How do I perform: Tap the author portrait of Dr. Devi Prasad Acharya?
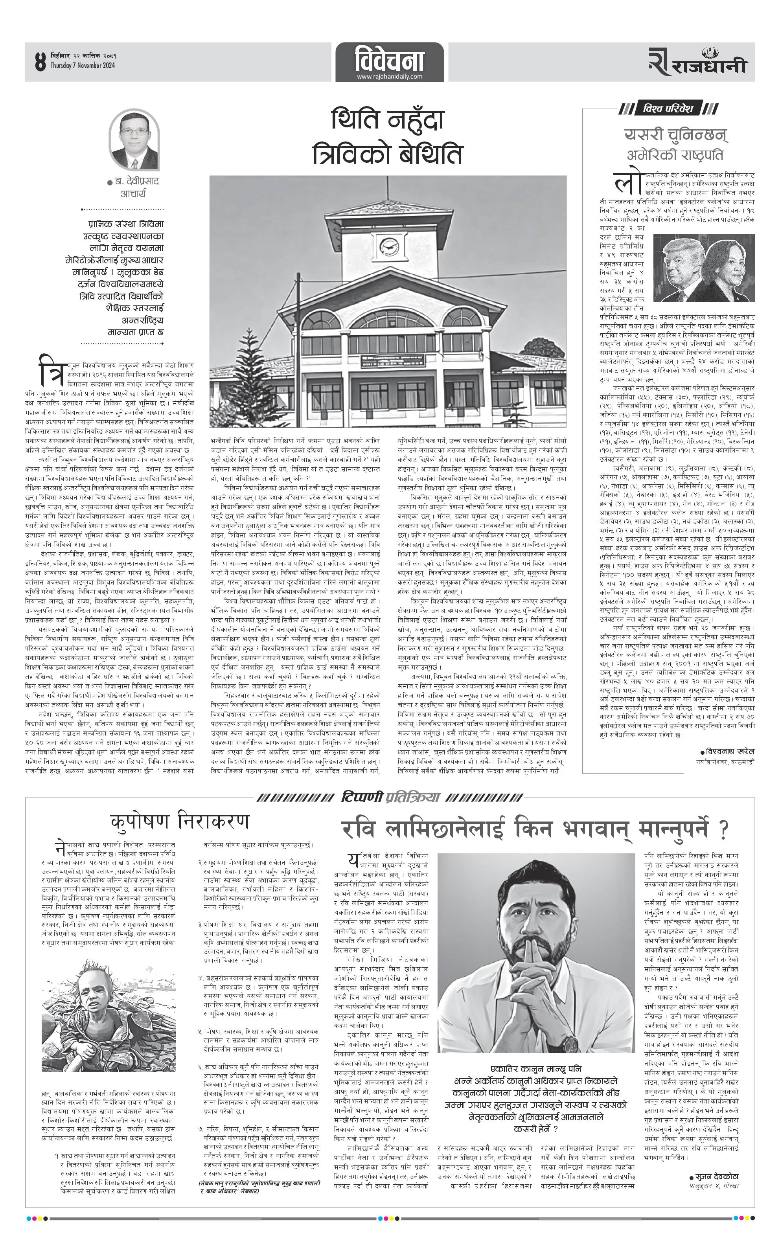[x=134, y=140]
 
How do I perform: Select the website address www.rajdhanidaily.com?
[x=389, y=77]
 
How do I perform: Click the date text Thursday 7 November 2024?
[x=83, y=66]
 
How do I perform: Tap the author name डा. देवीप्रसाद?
[x=135, y=182]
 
